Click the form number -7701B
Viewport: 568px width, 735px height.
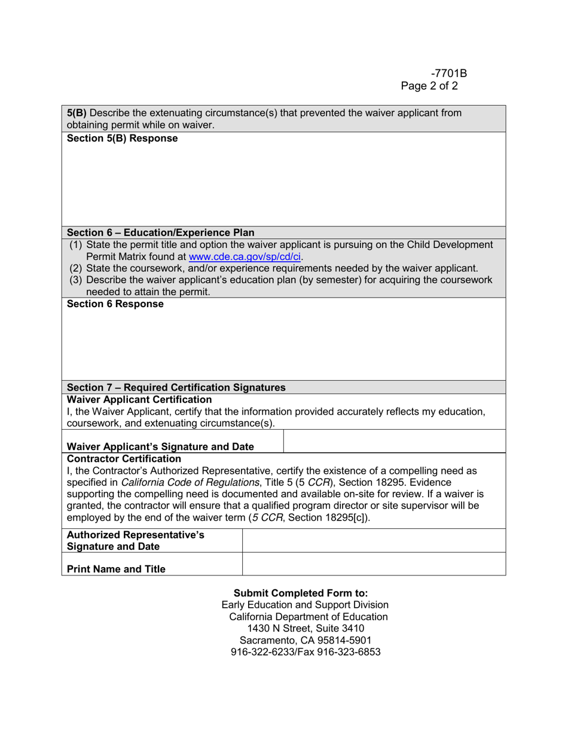tap(448, 73)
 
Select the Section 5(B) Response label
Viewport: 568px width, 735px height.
tap(122, 139)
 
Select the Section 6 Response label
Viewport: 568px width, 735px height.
tap(115, 304)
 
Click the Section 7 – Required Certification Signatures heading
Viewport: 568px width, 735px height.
tap(176, 387)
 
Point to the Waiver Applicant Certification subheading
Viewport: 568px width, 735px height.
tap(139, 399)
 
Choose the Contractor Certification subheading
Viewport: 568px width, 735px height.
tap(124, 459)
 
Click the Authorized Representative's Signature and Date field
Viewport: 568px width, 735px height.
tap(374, 541)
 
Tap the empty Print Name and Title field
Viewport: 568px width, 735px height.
tap(374, 564)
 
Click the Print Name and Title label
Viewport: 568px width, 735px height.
tap(116, 569)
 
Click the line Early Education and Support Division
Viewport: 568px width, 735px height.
tap(305, 605)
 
